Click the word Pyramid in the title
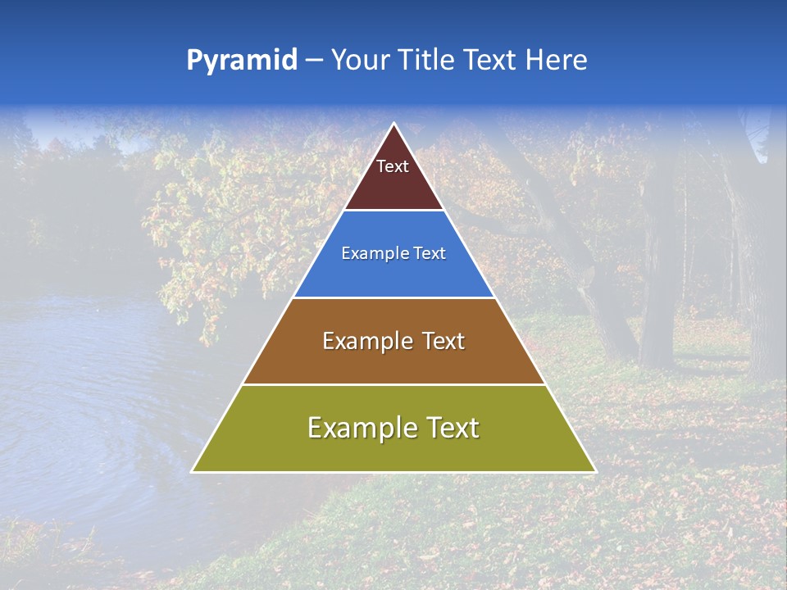(x=241, y=60)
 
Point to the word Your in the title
(x=359, y=60)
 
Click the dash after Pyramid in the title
(x=314, y=61)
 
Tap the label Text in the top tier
(x=393, y=166)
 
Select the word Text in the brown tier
(x=439, y=341)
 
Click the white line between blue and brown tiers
(x=393, y=297)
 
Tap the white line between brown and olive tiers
(x=393, y=384)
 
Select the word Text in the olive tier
(x=447, y=428)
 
